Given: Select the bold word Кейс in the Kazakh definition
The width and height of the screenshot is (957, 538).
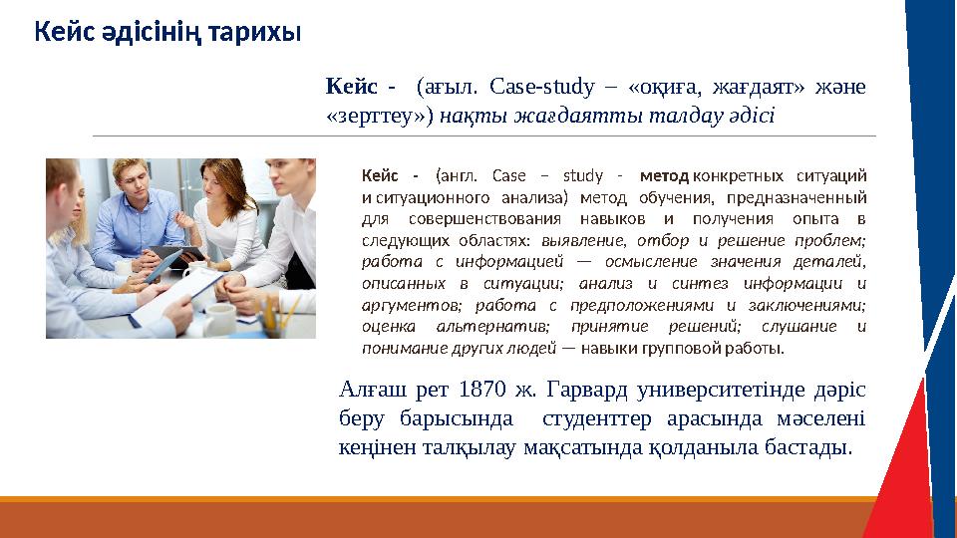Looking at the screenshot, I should [x=347, y=85].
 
